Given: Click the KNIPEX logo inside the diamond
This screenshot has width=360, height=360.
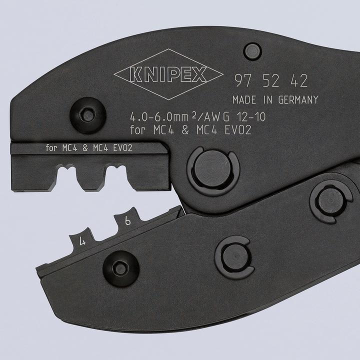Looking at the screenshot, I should point(168,75).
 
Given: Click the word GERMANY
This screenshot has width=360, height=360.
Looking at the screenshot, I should point(294,100).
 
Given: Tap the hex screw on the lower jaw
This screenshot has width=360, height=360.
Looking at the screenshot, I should point(119,266).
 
